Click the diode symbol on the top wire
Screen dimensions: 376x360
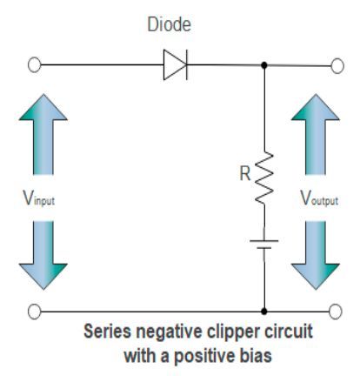click(x=174, y=65)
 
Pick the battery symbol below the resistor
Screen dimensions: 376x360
click(x=263, y=243)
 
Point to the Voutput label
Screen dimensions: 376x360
click(x=319, y=198)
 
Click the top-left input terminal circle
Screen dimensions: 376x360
click(x=36, y=65)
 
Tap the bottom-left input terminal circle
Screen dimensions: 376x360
click(x=36, y=310)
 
